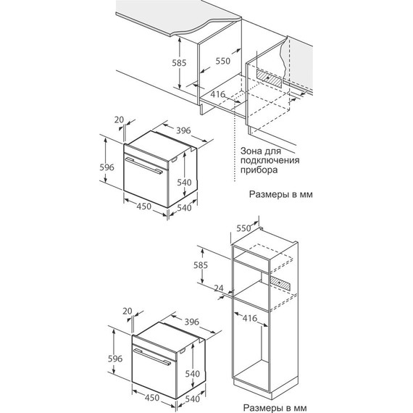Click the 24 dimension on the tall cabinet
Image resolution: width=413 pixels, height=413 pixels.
tap(219, 288)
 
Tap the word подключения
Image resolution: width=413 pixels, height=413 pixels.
tap(270, 160)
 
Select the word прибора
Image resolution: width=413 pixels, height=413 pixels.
tap(259, 170)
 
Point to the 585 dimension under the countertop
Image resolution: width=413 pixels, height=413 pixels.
tap(179, 63)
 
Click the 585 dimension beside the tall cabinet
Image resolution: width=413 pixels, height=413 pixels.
tap(201, 265)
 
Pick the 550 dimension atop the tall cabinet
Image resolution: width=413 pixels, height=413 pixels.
tap(243, 228)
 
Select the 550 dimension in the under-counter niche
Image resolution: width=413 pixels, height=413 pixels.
tap(223, 61)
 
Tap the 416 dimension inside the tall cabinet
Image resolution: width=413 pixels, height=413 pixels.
tap(250, 318)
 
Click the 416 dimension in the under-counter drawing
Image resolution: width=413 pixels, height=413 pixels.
tap(218, 94)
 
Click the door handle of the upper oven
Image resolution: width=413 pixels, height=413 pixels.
tap(143, 166)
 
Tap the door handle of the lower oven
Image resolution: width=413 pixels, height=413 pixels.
tap(152, 357)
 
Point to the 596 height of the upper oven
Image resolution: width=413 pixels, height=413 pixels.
tap(107, 167)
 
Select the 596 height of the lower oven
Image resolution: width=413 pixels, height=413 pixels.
tap(115, 359)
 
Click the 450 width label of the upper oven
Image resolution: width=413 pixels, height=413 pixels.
tap(143, 206)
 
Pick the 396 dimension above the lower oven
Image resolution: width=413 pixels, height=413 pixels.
tap(191, 322)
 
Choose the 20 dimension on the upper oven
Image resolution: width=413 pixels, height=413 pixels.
tap(119, 120)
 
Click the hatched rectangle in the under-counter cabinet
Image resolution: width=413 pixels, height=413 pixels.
tap(270, 78)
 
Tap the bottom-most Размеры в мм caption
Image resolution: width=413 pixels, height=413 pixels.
tap(275, 408)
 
